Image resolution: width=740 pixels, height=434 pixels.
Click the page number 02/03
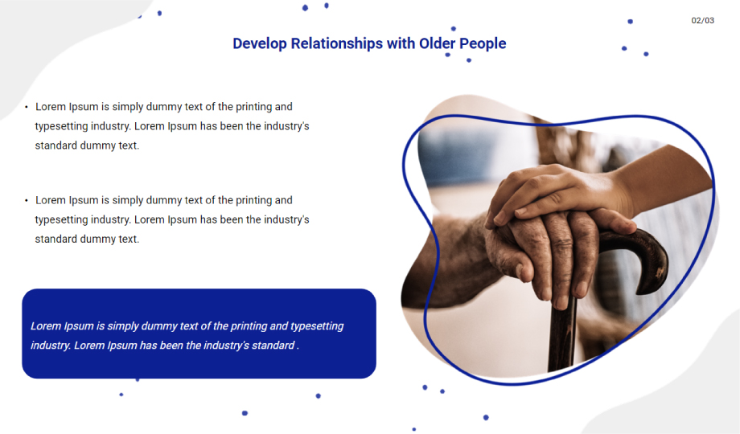(x=702, y=20)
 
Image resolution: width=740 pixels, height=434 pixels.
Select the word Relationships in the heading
(x=336, y=43)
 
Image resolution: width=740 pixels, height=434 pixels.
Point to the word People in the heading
(x=483, y=44)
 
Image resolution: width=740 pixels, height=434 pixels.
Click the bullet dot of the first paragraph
(x=27, y=107)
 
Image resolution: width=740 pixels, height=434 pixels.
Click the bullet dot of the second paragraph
(x=27, y=200)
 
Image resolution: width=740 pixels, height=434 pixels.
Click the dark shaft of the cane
(x=561, y=335)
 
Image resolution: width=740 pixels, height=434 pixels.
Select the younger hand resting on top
(x=552, y=191)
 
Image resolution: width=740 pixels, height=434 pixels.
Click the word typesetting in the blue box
(x=317, y=326)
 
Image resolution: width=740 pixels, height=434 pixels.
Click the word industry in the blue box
(x=51, y=346)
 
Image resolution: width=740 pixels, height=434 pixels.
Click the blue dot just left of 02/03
(x=630, y=21)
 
